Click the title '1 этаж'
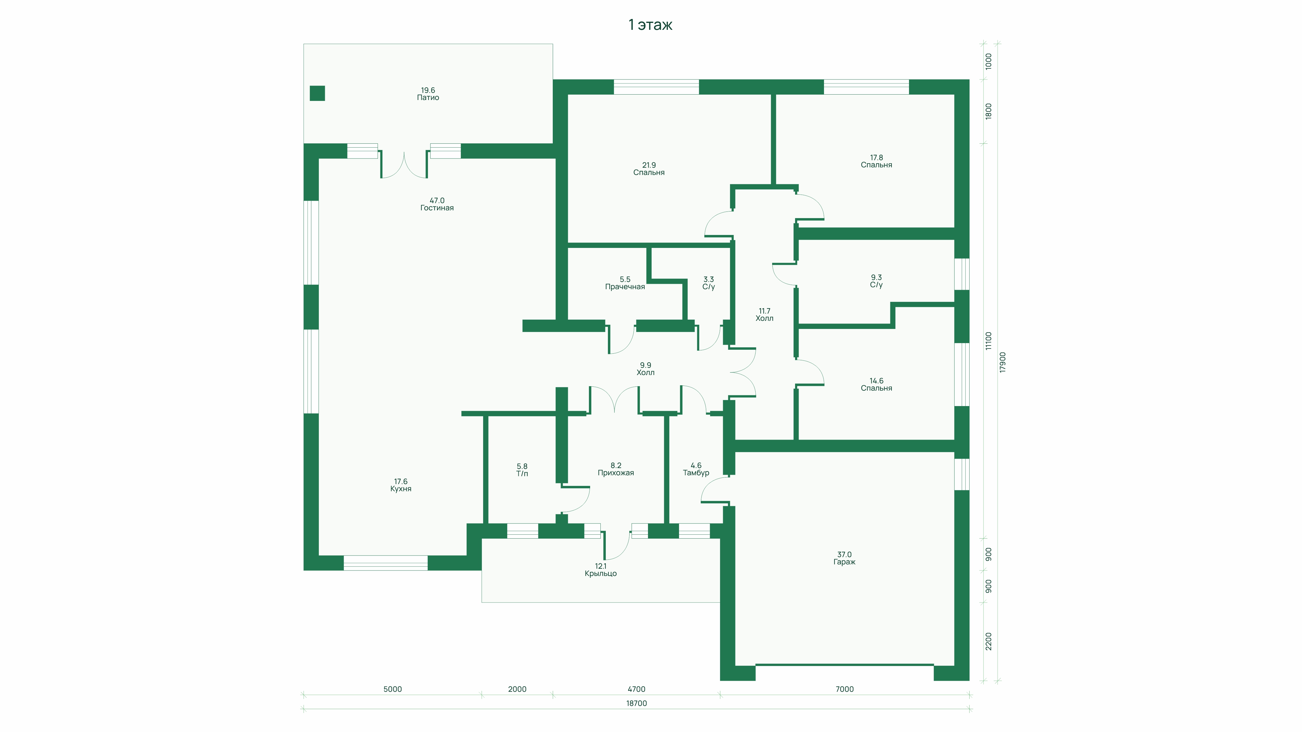click(x=650, y=25)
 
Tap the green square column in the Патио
click(x=317, y=93)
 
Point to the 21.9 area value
click(x=649, y=165)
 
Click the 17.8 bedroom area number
click(x=876, y=158)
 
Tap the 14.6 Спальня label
click(x=876, y=384)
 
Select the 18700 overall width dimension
click(x=636, y=703)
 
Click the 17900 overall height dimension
click(x=1003, y=362)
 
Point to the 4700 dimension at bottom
click(x=636, y=689)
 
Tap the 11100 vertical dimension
click(x=989, y=341)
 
